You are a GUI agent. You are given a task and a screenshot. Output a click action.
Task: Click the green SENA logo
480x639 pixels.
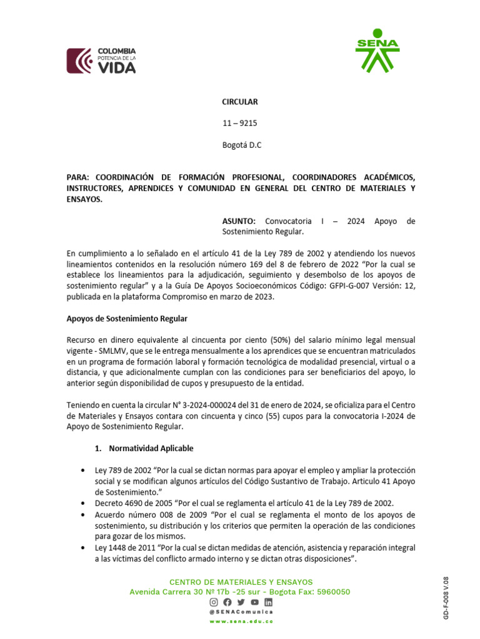pos(377,50)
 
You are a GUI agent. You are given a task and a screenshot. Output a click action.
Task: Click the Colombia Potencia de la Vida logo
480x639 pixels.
pos(101,61)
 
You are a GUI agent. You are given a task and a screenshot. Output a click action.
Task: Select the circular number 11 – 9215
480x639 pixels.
pos(240,124)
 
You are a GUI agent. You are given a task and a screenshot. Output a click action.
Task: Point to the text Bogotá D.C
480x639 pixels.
pos(242,145)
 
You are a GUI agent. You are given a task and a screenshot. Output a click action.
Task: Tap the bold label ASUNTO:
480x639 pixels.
pos(239,221)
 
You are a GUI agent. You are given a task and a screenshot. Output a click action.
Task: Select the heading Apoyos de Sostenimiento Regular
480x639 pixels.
pos(127,319)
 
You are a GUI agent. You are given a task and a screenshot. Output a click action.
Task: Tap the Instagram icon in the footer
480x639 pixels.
pos(214,602)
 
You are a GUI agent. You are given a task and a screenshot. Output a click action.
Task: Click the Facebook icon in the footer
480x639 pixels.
pos(227,602)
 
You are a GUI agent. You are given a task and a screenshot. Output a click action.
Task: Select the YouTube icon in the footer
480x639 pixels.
pos(254,602)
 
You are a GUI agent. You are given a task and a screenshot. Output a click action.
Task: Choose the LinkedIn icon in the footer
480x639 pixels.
pos(268,602)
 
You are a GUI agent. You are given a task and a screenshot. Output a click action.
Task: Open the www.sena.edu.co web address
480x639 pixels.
pos(241,622)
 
